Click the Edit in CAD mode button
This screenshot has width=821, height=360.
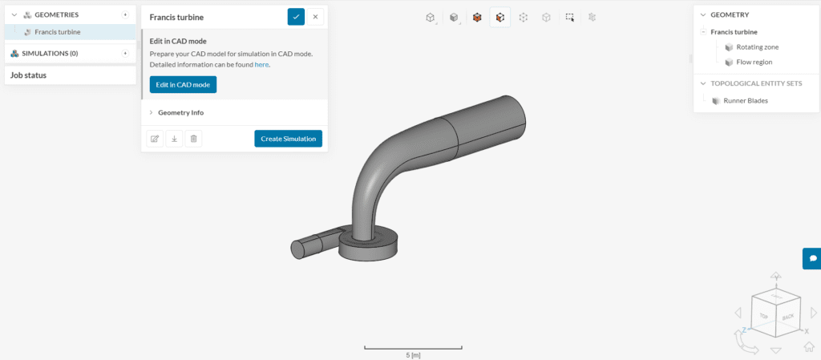[x=183, y=84]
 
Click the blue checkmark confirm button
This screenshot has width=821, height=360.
[x=296, y=16]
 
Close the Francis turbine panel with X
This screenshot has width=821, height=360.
[x=315, y=16]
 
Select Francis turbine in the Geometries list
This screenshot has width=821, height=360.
[x=57, y=32]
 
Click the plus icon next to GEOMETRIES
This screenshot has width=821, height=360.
[x=125, y=14]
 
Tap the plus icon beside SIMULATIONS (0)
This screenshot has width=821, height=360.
[x=125, y=53]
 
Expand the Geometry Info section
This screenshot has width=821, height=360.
[x=180, y=112]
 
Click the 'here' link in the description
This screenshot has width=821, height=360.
[x=261, y=64]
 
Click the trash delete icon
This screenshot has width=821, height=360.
[x=193, y=139]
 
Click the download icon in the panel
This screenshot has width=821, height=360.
[x=174, y=139]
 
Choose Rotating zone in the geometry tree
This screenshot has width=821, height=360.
[x=757, y=47]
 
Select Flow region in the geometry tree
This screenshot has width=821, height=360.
[x=754, y=62]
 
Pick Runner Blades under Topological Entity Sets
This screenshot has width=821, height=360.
[x=745, y=101]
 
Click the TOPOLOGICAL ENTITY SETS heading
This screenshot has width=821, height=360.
[x=750, y=83]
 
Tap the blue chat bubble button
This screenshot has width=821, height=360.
[x=812, y=258]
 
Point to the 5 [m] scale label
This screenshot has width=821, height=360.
[x=413, y=354]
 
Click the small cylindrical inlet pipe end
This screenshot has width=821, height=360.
[x=299, y=249]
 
